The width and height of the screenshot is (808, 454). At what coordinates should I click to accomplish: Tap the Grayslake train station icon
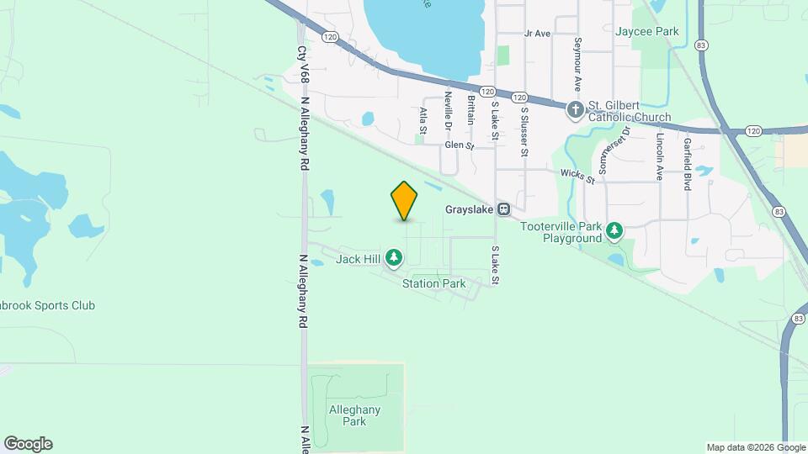coord(503,209)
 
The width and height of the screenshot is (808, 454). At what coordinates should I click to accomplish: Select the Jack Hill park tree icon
coord(394,258)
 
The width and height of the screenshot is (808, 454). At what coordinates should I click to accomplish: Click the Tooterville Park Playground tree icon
coord(615,230)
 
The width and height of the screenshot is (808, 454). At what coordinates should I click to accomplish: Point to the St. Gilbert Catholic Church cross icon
coord(575,109)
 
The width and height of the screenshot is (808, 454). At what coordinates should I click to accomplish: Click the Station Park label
coord(433,283)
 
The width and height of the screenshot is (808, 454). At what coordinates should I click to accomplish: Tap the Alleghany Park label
coord(355,415)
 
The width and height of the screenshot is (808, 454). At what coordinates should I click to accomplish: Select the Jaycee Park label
coord(646,31)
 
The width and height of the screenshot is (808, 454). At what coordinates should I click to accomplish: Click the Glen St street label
coord(460,145)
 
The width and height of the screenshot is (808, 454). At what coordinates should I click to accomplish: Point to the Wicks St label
coord(578,175)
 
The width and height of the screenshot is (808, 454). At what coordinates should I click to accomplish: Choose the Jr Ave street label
coord(536,34)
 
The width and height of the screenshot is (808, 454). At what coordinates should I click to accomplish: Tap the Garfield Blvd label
coord(688,164)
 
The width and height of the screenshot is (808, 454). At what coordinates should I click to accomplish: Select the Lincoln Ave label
coord(660,156)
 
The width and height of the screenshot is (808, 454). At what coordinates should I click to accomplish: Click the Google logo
coord(28,444)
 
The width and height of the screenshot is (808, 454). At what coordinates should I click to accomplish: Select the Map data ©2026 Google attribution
coord(755,447)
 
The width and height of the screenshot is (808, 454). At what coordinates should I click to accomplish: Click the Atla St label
coord(423,120)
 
